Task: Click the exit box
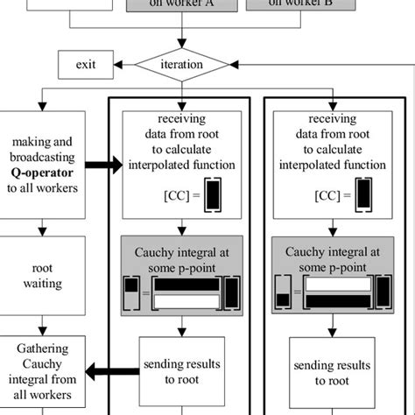point(85,64)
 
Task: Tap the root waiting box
point(43,278)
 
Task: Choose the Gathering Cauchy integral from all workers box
point(43,374)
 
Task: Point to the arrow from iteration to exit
point(124,64)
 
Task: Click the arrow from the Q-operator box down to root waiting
point(43,232)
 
